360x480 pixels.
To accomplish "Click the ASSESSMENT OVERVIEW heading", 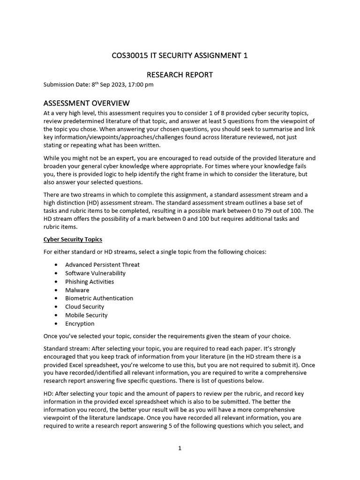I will (86, 103).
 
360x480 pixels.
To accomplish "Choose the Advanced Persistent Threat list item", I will (102, 264).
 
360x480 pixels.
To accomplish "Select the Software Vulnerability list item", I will (95, 273).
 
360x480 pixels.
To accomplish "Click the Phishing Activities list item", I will (90, 281).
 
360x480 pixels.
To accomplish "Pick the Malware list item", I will (77, 290).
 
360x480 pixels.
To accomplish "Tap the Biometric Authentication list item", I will (99, 298).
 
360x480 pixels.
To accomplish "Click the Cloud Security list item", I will (84, 307).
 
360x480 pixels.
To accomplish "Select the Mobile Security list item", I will (86, 315).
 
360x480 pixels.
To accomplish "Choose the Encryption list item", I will (80, 323).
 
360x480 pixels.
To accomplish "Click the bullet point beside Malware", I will (56, 290).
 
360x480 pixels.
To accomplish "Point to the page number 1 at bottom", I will (180, 448).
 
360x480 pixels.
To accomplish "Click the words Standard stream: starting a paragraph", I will (63, 349).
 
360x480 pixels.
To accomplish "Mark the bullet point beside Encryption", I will (56, 324).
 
